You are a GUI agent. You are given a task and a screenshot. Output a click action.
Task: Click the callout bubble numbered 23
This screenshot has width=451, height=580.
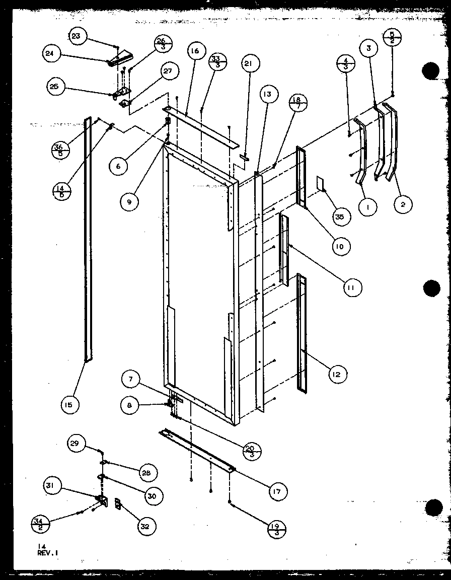[x=77, y=36]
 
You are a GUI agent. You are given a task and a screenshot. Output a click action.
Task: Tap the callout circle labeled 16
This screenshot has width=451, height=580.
[x=195, y=51]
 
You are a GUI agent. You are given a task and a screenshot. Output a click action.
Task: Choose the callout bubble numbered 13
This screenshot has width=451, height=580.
[x=267, y=94]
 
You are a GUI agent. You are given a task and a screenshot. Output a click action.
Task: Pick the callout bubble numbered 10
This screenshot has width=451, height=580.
[x=341, y=246]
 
